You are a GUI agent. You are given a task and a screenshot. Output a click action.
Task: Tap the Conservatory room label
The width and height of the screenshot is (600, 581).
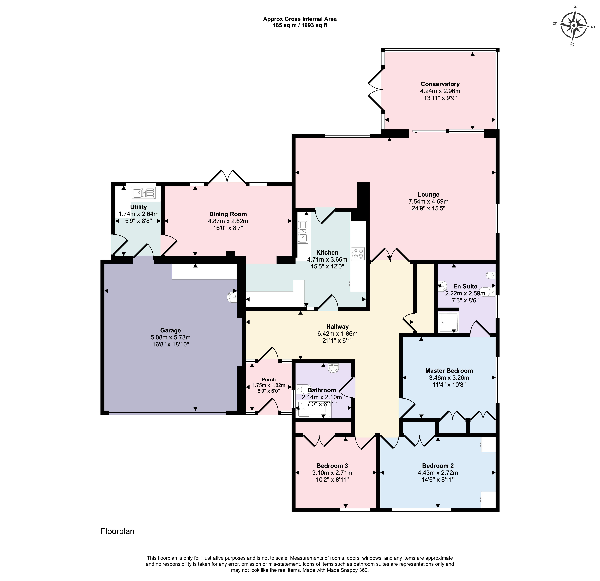(x=440, y=84)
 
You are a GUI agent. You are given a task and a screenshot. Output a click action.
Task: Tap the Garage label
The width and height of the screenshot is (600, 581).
(x=171, y=330)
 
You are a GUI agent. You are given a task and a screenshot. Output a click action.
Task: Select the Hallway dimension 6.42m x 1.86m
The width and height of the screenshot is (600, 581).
(x=337, y=334)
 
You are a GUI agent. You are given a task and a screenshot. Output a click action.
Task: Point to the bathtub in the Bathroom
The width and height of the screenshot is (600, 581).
(x=314, y=410)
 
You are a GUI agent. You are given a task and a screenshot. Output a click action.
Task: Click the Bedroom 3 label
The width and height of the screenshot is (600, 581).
(x=332, y=466)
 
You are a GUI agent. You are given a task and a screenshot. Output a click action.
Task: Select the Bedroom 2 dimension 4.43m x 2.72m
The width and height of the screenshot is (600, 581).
(x=438, y=473)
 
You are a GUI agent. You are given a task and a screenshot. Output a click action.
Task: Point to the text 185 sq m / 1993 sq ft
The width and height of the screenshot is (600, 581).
(x=300, y=25)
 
